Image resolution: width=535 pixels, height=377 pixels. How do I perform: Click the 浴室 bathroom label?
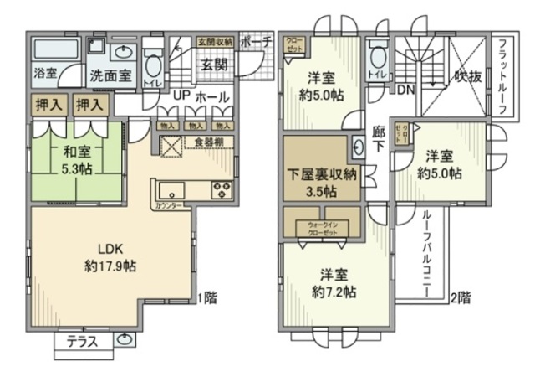tap(45, 74)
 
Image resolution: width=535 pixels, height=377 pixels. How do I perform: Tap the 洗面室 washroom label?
tap(110, 75)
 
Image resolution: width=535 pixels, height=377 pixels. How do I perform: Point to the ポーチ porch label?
tap(254, 41)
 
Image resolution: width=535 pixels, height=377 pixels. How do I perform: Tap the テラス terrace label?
tap(83, 341)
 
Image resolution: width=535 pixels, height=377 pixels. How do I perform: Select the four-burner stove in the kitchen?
tap(222, 188)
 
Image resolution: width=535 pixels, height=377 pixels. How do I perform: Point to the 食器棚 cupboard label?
tap(209, 142)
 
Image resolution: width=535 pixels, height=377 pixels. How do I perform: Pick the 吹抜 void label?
tap(468, 76)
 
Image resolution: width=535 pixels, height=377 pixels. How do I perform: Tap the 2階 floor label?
tap(461, 296)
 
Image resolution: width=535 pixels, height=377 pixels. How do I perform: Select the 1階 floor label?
tap(206, 296)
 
